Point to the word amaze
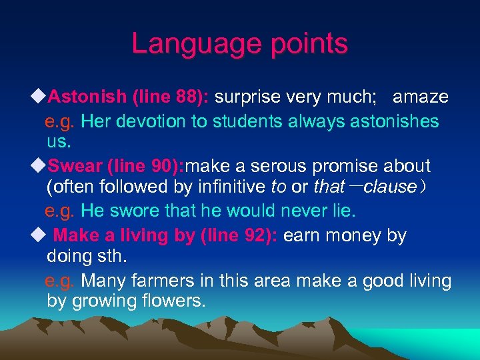coord(421,97)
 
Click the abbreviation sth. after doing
coord(107,256)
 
